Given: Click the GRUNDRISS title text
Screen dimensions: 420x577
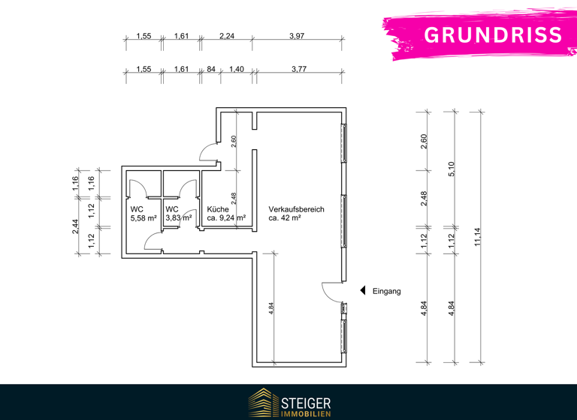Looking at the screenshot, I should pyautogui.click(x=492, y=34).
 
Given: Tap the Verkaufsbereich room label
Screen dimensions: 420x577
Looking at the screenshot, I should pyautogui.click(x=296, y=209).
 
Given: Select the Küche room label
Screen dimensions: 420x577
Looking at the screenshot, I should pyautogui.click(x=218, y=209).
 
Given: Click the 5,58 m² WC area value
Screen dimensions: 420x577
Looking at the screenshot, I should pyautogui.click(x=143, y=218).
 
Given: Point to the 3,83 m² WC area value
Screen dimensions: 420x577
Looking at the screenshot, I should pyautogui.click(x=179, y=218).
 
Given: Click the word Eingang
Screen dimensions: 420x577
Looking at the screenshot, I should pyautogui.click(x=387, y=291).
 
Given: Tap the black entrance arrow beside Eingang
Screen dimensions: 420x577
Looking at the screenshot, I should pyautogui.click(x=361, y=291).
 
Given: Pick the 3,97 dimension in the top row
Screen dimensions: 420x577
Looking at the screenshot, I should pyautogui.click(x=298, y=36).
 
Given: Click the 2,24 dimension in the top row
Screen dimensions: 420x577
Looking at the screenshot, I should pyautogui.click(x=227, y=36).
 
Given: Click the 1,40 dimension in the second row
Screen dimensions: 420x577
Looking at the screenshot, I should pyautogui.click(x=237, y=69).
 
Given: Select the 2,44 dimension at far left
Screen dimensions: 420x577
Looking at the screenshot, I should pyautogui.click(x=75, y=226).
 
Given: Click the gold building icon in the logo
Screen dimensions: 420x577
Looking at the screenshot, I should pyautogui.click(x=262, y=403).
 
